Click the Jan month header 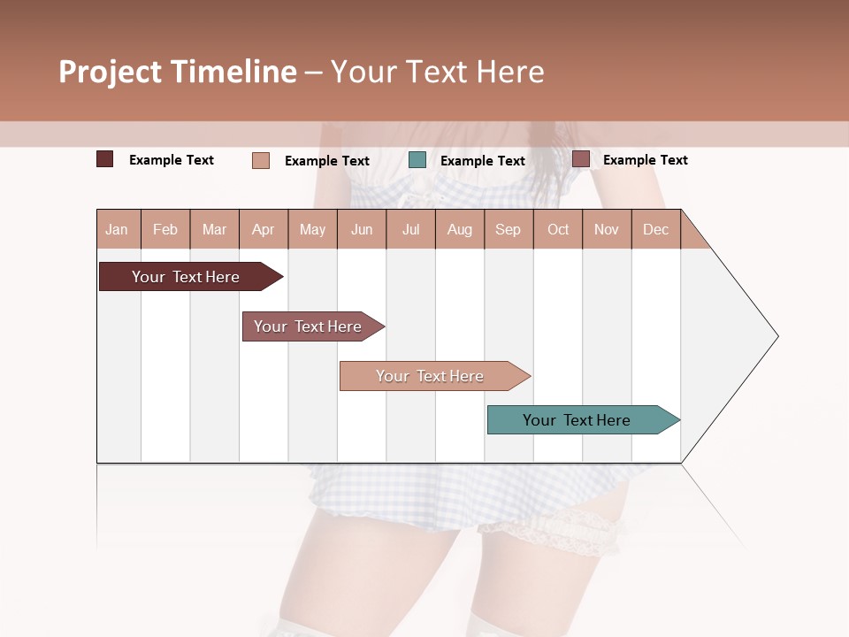(x=117, y=229)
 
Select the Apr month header (x=263, y=229)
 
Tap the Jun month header (x=362, y=229)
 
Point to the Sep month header (x=508, y=229)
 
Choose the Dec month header (x=655, y=229)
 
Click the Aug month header (x=459, y=229)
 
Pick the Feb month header (x=165, y=229)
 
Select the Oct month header (x=558, y=229)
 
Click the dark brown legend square (x=105, y=159)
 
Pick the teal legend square (x=417, y=160)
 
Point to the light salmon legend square (x=261, y=160)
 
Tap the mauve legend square (x=581, y=159)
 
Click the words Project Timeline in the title (x=178, y=72)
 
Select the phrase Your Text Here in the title (x=437, y=72)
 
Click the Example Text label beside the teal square (x=482, y=161)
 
